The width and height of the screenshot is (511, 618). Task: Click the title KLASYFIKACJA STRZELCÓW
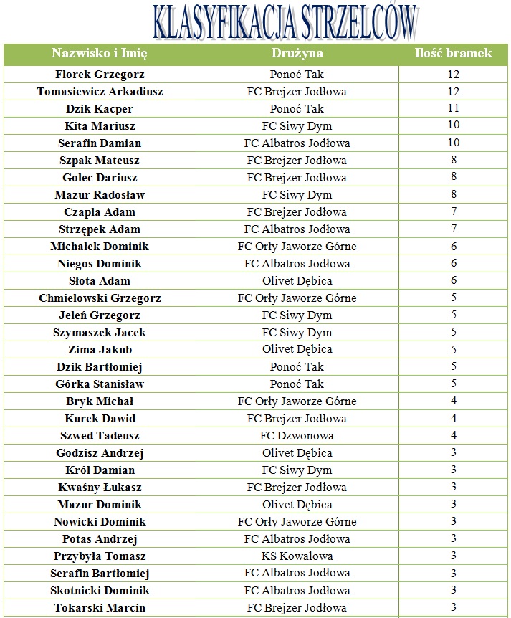tap(284, 22)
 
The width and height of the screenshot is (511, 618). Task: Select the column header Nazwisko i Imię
tap(100, 54)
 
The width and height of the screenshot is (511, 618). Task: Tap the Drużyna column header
tap(297, 54)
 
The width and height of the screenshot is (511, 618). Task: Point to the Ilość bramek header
tap(453, 54)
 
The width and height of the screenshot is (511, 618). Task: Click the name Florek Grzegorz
tap(100, 75)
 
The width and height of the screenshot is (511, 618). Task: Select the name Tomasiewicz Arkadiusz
tap(100, 92)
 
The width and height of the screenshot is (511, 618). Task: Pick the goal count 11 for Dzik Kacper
tap(453, 109)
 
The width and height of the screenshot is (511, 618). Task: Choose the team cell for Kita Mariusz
tap(297, 126)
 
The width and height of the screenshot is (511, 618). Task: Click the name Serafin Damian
tap(100, 143)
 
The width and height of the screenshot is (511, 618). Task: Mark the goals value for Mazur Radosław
tap(453, 195)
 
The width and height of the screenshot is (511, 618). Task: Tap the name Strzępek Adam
tap(100, 229)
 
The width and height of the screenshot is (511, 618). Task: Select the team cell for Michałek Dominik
tap(297, 247)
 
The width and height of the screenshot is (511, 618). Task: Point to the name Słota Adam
tap(100, 281)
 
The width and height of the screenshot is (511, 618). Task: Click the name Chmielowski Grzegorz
tap(100, 298)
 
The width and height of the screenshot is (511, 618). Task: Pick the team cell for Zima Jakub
tap(297, 350)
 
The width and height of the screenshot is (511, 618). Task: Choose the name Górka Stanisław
tap(100, 384)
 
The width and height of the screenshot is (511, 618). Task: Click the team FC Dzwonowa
tap(297, 436)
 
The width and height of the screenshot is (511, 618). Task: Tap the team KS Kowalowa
tap(297, 556)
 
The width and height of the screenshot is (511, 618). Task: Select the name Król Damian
tap(100, 470)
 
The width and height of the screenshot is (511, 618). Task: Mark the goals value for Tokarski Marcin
tap(453, 608)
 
